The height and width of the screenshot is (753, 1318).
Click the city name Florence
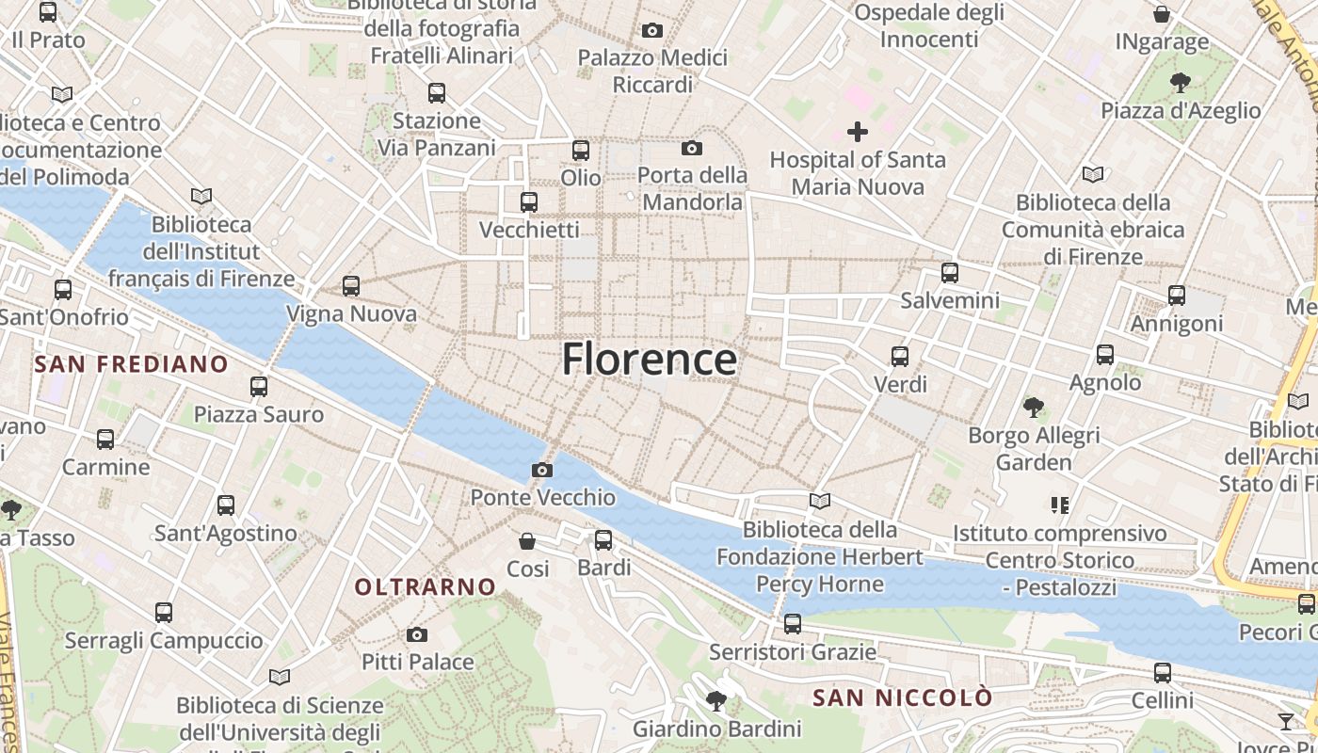pos(650,360)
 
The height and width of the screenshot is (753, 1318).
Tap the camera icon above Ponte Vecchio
pos(542,470)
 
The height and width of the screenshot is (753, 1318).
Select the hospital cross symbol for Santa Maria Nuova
pos(858,131)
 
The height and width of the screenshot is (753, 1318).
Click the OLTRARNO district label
pos(426,587)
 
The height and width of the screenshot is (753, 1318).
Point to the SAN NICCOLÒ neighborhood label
pos(903,697)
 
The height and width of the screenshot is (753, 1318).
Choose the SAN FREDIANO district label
pos(132,364)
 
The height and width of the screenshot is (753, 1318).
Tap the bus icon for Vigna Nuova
pos(351,285)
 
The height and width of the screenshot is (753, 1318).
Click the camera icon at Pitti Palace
pos(417,635)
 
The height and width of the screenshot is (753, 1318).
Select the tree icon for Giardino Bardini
pos(716,700)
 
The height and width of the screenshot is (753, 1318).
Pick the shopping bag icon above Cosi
pos(527,541)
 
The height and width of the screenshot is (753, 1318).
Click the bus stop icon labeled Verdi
pos(900,357)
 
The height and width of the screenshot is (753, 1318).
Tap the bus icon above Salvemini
pos(950,273)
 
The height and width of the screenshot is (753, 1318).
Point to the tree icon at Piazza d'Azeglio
pos(1181,83)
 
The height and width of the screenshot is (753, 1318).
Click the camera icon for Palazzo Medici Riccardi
pos(652,31)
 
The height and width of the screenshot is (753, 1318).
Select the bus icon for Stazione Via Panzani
pos(437,93)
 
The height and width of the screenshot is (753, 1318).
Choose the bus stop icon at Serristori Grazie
pos(793,623)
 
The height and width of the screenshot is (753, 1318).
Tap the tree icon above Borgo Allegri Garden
pos(1034,408)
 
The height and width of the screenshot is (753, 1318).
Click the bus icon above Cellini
pos(1163,673)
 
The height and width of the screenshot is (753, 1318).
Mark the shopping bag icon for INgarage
pos(1162,14)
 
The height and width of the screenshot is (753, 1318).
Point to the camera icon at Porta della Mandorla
pos(692,148)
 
